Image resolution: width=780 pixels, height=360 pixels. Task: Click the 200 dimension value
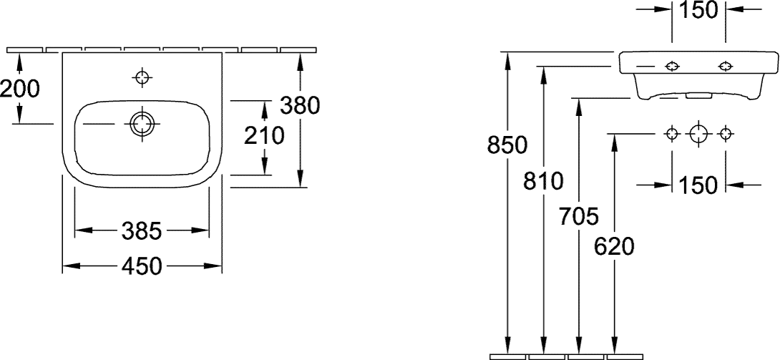tap(20, 89)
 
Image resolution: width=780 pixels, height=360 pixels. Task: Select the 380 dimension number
tap(299, 105)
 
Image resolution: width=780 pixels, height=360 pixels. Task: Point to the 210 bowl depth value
tap(263, 136)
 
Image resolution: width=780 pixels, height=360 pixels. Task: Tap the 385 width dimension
tap(142, 230)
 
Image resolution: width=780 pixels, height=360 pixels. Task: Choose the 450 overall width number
tap(142, 266)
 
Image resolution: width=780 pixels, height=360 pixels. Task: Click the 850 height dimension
tap(507, 145)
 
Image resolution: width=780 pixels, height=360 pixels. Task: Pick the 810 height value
tap(543, 182)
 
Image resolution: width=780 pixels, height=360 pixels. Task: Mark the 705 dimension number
tap(578, 217)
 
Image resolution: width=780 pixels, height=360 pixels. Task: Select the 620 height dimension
tap(615, 247)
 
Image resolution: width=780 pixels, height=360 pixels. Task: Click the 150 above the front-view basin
tap(699, 10)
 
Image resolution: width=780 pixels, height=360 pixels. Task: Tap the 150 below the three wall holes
tap(699, 185)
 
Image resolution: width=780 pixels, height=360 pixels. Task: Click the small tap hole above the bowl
tap(142, 77)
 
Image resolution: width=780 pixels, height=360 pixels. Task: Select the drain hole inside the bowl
tap(142, 124)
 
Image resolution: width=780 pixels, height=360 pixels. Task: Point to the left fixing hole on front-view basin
tap(672, 66)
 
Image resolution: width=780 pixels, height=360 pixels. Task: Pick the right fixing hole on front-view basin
tap(726, 66)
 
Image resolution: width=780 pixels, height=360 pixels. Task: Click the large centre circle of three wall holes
tap(699, 133)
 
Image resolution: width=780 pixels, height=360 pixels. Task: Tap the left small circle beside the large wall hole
tap(672, 133)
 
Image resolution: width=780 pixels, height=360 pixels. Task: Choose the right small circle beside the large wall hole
tap(726, 133)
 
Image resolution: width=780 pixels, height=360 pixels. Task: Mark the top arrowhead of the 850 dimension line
tap(507, 59)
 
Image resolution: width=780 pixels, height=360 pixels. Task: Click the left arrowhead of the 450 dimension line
tap(71, 266)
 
